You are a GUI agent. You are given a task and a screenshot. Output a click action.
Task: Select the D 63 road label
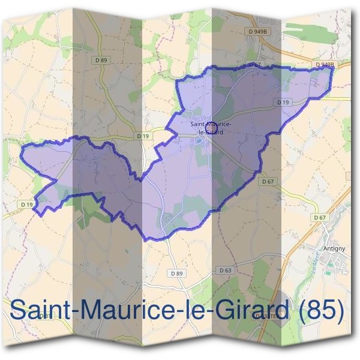click(226, 271)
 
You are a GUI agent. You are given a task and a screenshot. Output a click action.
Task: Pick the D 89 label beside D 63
click(176, 273)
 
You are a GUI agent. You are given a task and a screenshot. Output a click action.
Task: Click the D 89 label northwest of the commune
click(101, 60)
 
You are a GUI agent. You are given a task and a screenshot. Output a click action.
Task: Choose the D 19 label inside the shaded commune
click(284, 103)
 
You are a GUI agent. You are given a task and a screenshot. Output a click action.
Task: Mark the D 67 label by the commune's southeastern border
click(268, 181)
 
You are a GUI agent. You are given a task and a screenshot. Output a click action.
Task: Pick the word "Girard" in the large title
click(251, 311)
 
